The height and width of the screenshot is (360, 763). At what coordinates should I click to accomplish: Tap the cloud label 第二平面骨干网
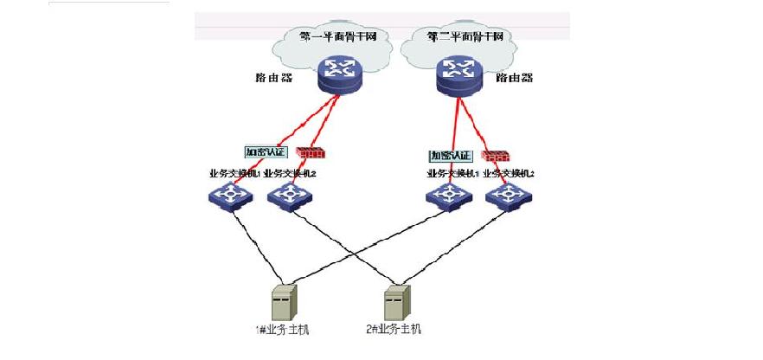(x=465, y=37)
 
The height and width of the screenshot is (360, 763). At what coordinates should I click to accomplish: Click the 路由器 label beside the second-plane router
(x=514, y=78)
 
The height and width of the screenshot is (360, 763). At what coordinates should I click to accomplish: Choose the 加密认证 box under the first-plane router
(x=265, y=151)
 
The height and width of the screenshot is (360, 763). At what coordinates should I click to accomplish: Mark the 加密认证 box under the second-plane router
(x=450, y=156)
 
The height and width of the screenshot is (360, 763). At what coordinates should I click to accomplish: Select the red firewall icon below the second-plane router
(x=495, y=157)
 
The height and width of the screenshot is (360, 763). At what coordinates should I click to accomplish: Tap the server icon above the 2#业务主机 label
(x=396, y=303)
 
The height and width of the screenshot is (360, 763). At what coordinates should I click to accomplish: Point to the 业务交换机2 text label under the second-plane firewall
(x=509, y=174)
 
